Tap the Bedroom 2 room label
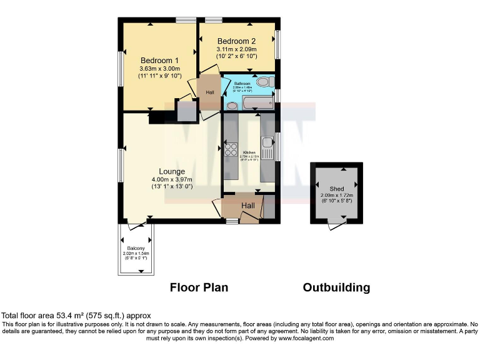(x=236, y=41)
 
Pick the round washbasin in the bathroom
(x=232, y=106)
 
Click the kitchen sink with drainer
(x=267, y=149)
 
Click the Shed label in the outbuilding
(x=336, y=187)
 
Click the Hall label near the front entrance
(x=248, y=205)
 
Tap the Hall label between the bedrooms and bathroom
(x=209, y=93)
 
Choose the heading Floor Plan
(x=199, y=287)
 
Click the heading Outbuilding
(x=336, y=287)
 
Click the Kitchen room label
(x=249, y=152)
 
